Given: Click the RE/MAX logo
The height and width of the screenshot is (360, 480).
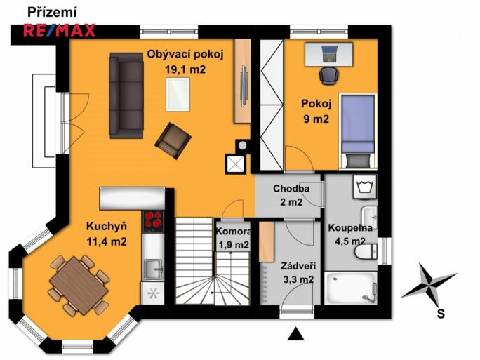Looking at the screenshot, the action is pos(60,31).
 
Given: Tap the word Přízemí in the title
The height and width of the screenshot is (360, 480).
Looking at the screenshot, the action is pos(52,13).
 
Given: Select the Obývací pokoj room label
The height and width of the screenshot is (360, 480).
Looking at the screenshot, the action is pos(185,54).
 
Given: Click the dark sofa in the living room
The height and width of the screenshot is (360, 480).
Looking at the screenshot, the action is pos(126,95).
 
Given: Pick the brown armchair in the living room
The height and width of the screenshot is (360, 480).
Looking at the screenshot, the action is pos(173,141).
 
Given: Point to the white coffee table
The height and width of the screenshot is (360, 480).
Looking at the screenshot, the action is pos(178,94).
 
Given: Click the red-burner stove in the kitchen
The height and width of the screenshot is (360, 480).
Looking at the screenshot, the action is pos(153,222).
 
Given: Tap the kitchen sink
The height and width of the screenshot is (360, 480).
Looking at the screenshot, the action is pos(154,269).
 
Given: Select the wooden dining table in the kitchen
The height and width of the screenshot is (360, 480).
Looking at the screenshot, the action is pos(79,286).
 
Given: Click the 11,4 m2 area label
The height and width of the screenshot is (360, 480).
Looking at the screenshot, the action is pos(107,241).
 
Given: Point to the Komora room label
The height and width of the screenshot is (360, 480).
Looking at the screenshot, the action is pos(234,232).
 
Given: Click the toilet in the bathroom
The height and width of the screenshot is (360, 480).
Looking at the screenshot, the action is pos(366,251).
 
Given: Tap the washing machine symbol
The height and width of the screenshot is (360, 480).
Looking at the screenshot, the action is pos(364,187).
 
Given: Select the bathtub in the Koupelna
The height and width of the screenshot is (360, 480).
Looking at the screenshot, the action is pos(351,288).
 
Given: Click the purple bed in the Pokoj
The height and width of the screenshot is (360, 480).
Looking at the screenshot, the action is pos(358,131).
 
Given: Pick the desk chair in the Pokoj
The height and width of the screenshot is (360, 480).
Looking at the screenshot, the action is pos(329,75).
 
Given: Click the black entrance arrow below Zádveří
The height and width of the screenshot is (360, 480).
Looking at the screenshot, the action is pos(295,333).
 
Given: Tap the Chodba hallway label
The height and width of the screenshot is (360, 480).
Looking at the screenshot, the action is pos(291,189).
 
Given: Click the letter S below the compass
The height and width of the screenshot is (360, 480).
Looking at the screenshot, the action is pos(441,314).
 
